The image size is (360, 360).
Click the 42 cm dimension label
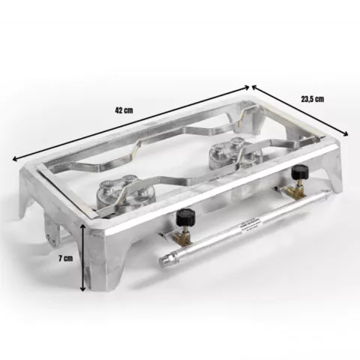pyautogui.click(x=124, y=110)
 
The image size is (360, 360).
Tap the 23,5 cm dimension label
pyautogui.click(x=313, y=99)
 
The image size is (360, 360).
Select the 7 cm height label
pyautogui.click(x=66, y=258)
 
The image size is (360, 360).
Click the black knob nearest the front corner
pyautogui.click(x=185, y=217)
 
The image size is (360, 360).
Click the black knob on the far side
pyautogui.click(x=299, y=172)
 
